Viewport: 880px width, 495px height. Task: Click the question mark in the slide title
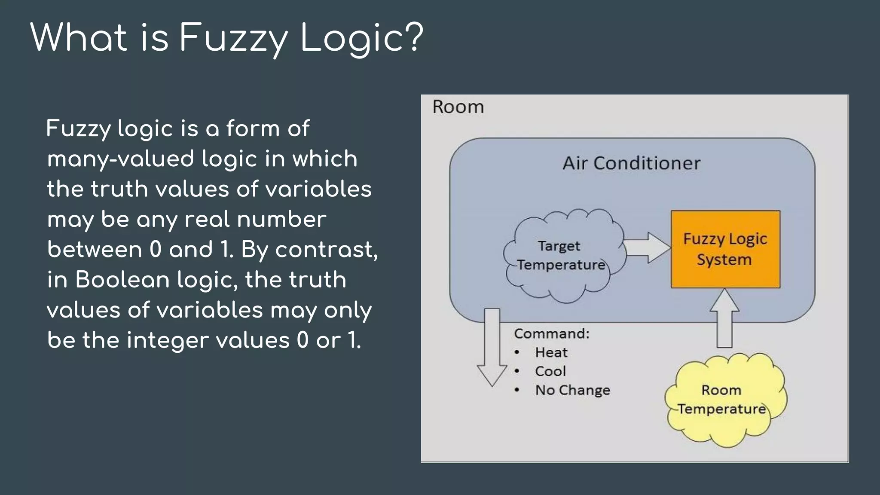coord(414,37)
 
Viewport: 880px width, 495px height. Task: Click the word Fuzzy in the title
coord(233,39)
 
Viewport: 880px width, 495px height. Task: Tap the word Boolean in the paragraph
coord(122,280)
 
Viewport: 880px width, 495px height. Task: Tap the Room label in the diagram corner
coord(458,107)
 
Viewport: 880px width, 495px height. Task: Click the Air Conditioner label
coord(632,163)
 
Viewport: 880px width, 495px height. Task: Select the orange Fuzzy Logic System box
coord(725,249)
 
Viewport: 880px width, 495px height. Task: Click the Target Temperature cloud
coord(561,256)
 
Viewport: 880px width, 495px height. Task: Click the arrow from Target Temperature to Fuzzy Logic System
coord(647,247)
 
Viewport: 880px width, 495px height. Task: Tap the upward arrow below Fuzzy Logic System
coord(724,318)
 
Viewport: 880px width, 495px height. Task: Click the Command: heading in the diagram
coord(552,333)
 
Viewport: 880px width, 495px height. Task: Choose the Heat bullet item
coord(551,352)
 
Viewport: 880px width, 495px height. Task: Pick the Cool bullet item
coord(550,371)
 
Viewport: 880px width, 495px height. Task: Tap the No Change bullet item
coord(572,390)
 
